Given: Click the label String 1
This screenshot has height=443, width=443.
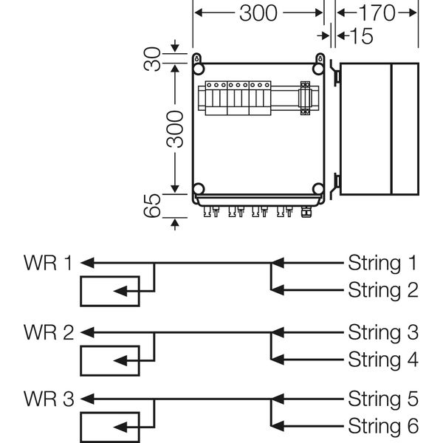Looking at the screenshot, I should pyautogui.click(x=382, y=262).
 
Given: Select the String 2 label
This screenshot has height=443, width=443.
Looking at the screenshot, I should pyautogui.click(x=382, y=289).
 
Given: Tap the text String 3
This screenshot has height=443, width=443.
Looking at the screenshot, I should pyautogui.click(x=382, y=332).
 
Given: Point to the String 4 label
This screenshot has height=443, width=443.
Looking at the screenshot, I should pyautogui.click(x=382, y=360).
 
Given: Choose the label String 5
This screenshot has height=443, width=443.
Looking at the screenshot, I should pyautogui.click(x=382, y=399).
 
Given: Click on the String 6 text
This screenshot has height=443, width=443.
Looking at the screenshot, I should pyautogui.click(x=382, y=426).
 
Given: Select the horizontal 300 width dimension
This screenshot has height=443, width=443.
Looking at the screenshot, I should pyautogui.click(x=258, y=13).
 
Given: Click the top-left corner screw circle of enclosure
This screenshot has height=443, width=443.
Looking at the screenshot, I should pyautogui.click(x=199, y=69).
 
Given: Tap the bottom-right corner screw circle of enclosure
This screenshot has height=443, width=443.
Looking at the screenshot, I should pyautogui.click(x=317, y=189).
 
